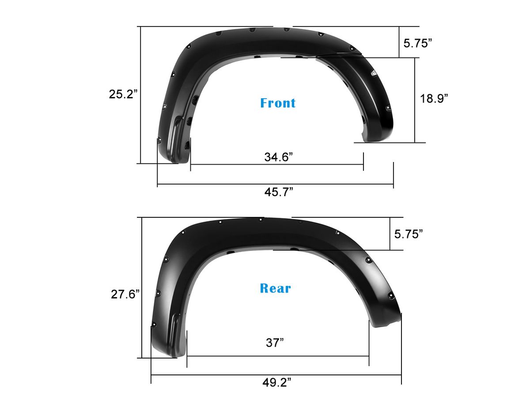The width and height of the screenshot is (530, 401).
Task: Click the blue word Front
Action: click(x=278, y=103)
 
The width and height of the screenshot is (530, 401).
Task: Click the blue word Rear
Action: click(x=275, y=288)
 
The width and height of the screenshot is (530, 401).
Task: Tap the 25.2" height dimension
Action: click(x=123, y=94)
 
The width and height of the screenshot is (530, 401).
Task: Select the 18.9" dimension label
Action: click(x=434, y=98)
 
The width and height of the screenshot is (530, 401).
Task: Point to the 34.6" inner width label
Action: click(x=278, y=157)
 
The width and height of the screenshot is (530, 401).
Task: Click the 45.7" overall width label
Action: click(x=279, y=192)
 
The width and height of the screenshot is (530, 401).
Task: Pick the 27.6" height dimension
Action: click(x=125, y=294)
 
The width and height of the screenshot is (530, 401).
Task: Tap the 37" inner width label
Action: click(x=275, y=343)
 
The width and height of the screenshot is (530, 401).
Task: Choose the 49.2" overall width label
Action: click(x=277, y=382)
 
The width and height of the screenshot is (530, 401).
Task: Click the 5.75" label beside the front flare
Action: click(x=417, y=43)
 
